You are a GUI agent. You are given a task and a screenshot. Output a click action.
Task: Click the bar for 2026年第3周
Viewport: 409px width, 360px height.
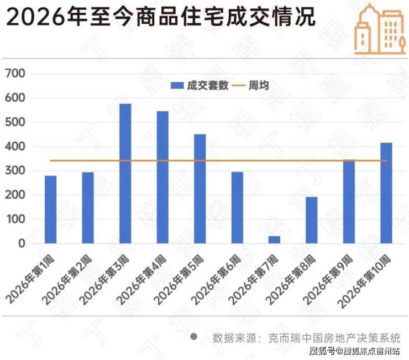(x=125, y=174)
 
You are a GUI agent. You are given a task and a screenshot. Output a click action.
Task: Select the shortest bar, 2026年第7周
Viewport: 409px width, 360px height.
(x=274, y=239)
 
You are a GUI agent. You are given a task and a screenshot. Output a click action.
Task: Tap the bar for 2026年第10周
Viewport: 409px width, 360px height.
(x=386, y=193)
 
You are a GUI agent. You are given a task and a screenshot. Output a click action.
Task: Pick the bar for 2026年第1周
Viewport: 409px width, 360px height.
(x=51, y=210)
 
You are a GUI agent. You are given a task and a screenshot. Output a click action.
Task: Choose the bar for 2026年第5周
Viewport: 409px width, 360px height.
(x=200, y=189)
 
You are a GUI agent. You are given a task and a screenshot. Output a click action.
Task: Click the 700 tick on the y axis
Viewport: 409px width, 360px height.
(x=15, y=74)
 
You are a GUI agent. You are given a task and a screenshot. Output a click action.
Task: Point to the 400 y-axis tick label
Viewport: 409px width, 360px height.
(x=15, y=147)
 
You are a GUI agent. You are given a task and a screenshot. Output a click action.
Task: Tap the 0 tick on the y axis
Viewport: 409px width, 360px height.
(x=22, y=243)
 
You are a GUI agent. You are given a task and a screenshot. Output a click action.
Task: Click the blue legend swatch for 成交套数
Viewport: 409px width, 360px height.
(x=177, y=85)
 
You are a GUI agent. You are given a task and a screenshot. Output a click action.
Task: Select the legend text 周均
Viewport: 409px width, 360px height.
(x=259, y=85)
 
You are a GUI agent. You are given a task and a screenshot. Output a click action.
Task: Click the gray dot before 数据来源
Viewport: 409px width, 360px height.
(x=193, y=336)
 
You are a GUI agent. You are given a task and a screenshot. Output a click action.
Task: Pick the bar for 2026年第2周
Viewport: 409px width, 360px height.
(x=88, y=208)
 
